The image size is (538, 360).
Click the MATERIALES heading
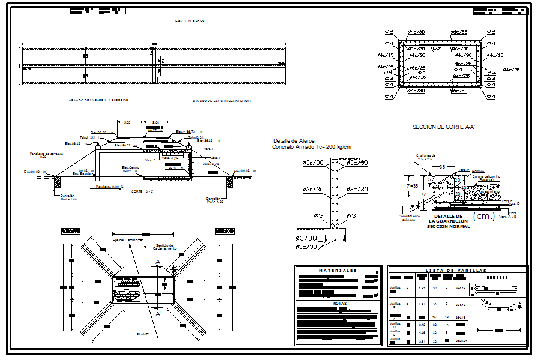pos(338,271)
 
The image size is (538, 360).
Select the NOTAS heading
pos(339,303)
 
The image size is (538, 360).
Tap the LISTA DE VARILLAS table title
pos(458,271)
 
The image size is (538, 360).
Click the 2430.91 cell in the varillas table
pos(461,340)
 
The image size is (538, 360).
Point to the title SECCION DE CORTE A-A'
pos(443,127)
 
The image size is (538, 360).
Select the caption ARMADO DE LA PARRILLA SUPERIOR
pos(98,100)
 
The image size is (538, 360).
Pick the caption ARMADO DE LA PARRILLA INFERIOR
pos(221,101)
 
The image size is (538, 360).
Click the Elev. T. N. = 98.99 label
pos(190,21)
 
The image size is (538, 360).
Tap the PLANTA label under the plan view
pos(143,334)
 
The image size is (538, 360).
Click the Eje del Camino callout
pos(125,240)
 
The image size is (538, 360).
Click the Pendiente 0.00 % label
pos(110,187)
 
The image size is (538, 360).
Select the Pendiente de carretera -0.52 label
pos(47,155)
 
